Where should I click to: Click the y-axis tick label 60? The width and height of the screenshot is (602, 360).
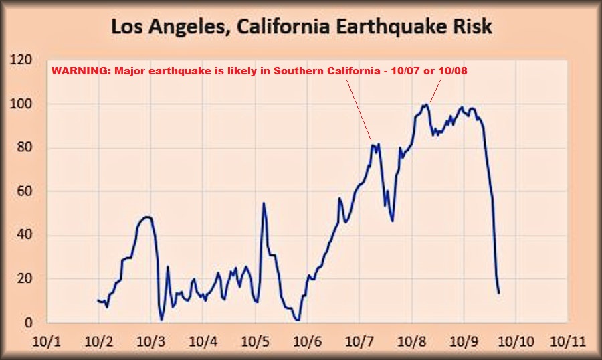coord(25,191)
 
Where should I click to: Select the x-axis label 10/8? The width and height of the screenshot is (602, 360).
coord(412,341)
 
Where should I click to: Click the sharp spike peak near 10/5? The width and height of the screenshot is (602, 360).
coord(264,203)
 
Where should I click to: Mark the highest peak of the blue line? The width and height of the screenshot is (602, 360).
coord(425,104)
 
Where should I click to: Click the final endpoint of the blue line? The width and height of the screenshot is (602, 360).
coord(499,293)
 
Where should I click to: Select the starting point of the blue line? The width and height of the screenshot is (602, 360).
coord(98,300)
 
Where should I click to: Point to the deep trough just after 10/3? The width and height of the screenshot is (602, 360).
coord(161,319)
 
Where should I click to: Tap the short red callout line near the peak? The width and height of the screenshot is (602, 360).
coord(435,90)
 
